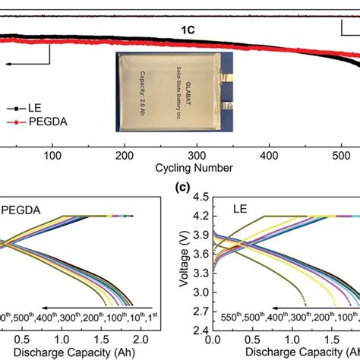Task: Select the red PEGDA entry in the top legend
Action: (47, 122)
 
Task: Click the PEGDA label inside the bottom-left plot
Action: (22, 207)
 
